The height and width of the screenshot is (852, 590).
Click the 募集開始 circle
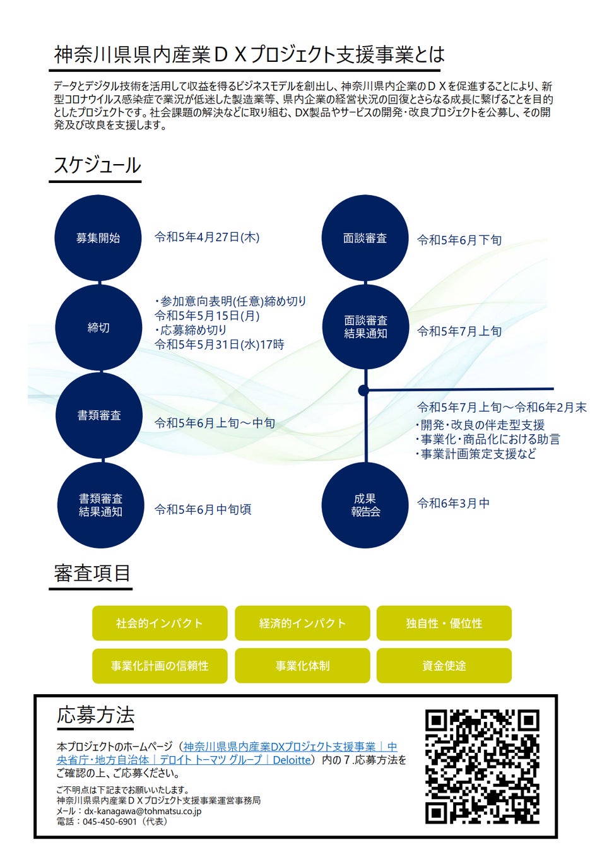coord(98,238)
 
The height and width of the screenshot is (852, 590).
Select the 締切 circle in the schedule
coord(98,328)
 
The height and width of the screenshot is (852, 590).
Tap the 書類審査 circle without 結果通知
coord(98,415)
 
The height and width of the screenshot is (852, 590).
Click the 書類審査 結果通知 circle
coord(100,505)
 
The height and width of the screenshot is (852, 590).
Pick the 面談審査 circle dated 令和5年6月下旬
coord(365,238)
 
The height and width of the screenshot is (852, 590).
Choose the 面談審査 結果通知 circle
coord(365,327)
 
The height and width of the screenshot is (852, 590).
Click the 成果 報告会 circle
coord(365,505)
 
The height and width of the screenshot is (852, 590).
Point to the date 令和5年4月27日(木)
coord(207,237)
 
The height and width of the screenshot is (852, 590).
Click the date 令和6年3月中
coord(453,503)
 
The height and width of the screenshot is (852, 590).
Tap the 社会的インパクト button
coord(160,623)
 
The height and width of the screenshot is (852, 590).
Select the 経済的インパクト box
coord(302,623)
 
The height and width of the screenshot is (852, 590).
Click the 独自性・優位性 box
coord(444,623)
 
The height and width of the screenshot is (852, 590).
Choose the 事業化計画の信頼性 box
coord(160,666)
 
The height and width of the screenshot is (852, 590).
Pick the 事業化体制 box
coord(302,666)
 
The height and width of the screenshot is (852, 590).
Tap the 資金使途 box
coord(444,666)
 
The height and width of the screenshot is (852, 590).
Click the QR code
coord(482,766)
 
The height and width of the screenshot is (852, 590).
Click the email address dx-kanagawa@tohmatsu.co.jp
coord(143,811)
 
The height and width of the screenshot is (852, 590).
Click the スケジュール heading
coord(97,165)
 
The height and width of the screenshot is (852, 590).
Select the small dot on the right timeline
coord(363,391)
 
